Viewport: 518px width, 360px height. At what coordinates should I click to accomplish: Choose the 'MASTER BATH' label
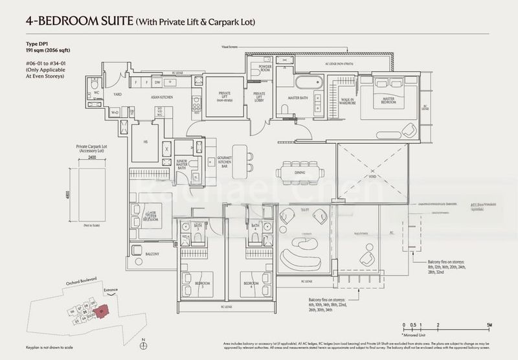pos(298,98)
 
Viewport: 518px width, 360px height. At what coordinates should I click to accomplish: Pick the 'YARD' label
pos(118,95)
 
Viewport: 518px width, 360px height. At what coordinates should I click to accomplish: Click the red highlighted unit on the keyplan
pos(100,312)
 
